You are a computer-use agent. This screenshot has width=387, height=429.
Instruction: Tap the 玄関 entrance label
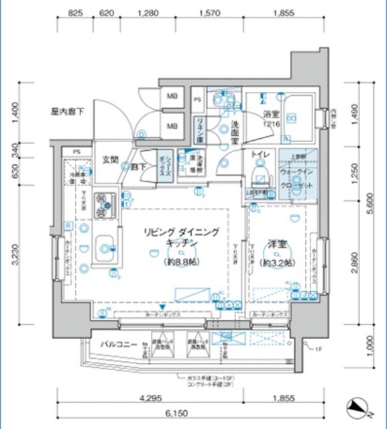(x=110, y=160)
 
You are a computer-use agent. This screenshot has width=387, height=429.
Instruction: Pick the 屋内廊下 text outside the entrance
(x=67, y=111)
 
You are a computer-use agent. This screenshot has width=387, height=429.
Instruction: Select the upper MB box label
(x=172, y=96)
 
